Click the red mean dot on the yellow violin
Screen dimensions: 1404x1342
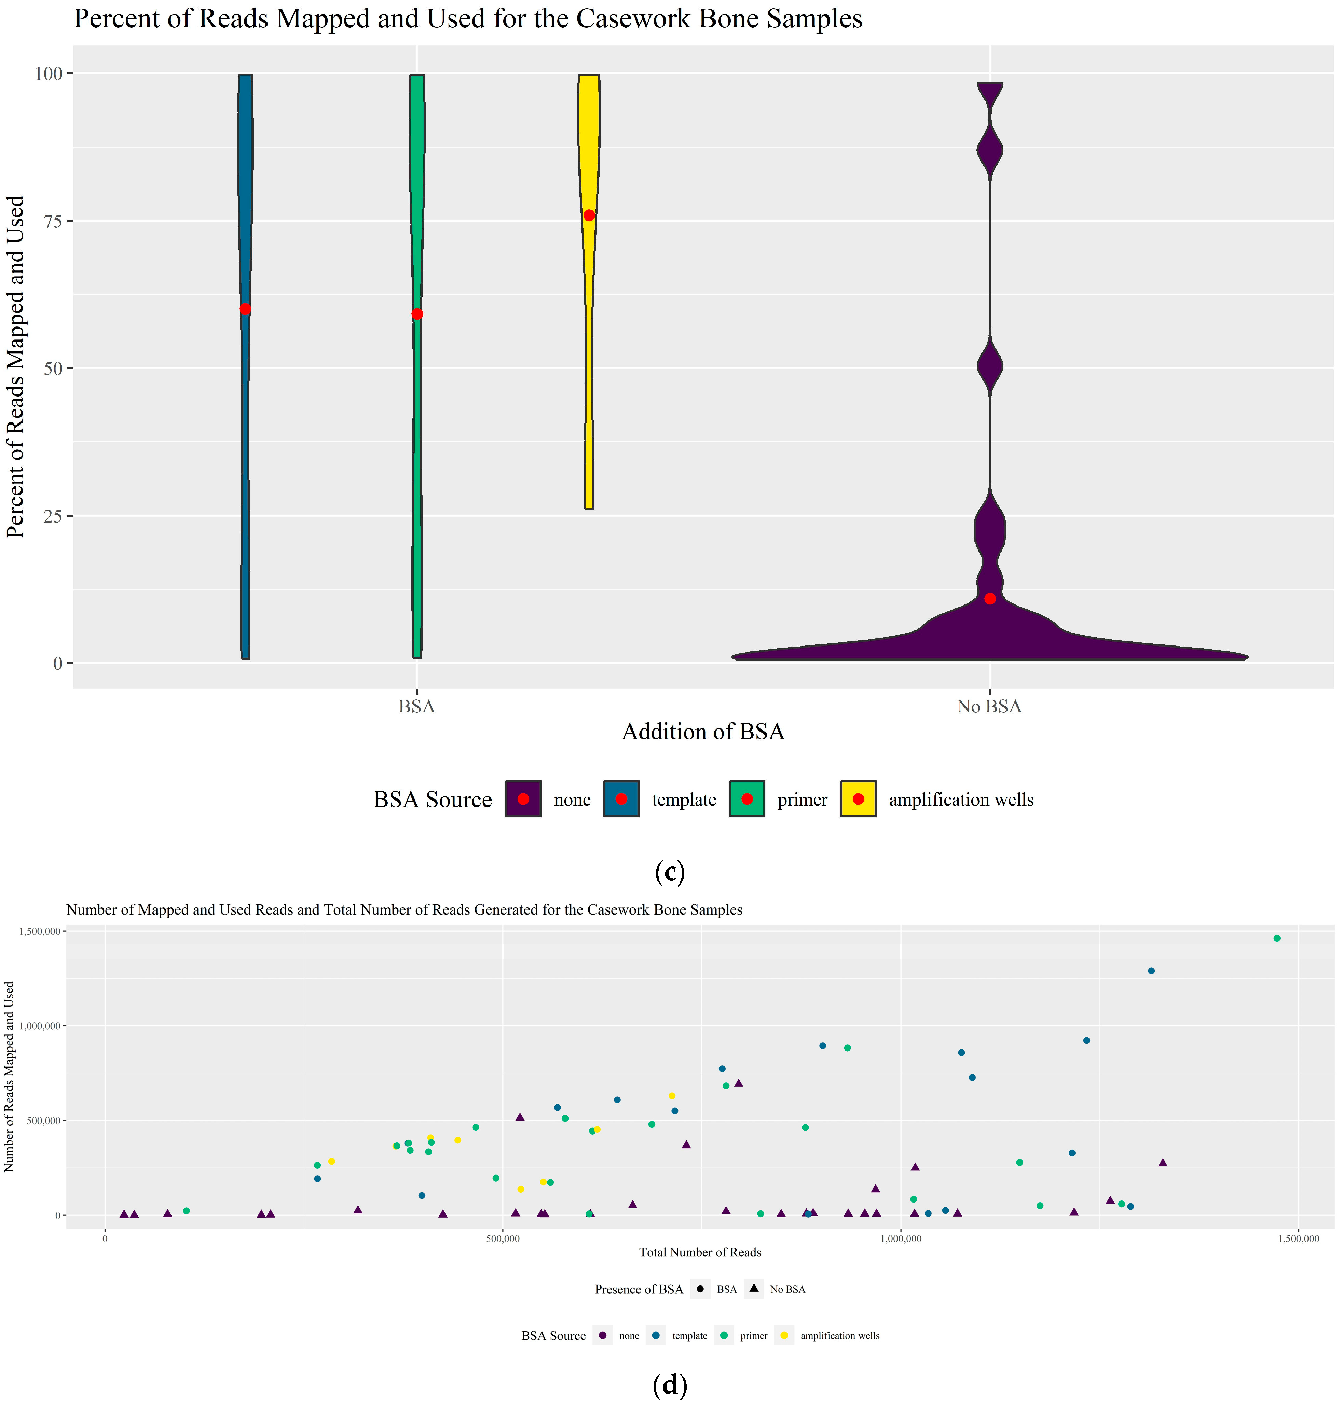tap(589, 215)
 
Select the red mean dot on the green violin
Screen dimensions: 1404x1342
tap(417, 314)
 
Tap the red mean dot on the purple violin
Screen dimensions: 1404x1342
tap(989, 599)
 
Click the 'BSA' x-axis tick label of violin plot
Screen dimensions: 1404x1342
tap(416, 707)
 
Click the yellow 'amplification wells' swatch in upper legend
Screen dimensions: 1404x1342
tap(858, 799)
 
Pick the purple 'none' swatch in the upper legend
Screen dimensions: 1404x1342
tap(523, 799)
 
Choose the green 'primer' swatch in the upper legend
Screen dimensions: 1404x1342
tap(747, 799)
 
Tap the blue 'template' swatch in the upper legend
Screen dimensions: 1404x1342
tap(621, 799)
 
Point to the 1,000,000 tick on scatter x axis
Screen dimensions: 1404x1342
tap(900, 1239)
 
